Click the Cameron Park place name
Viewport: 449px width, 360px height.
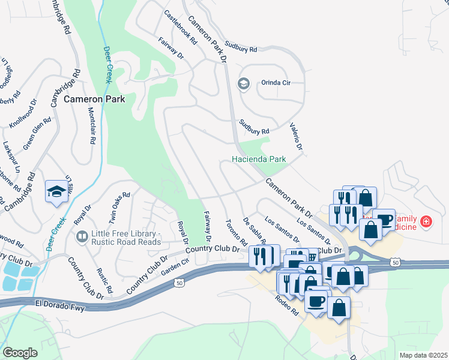click(x=95, y=99)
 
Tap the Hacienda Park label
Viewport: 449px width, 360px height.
click(x=259, y=160)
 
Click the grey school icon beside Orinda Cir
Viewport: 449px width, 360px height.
click(x=244, y=83)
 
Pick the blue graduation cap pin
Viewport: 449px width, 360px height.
click(x=56, y=192)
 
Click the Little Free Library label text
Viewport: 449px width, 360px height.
click(x=125, y=238)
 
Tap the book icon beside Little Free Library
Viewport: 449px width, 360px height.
click(x=81, y=238)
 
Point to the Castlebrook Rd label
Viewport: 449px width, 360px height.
click(x=181, y=28)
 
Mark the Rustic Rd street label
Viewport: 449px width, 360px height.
click(x=105, y=280)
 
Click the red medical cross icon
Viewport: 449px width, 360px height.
click(x=426, y=221)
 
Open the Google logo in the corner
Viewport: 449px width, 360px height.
click(x=20, y=352)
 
